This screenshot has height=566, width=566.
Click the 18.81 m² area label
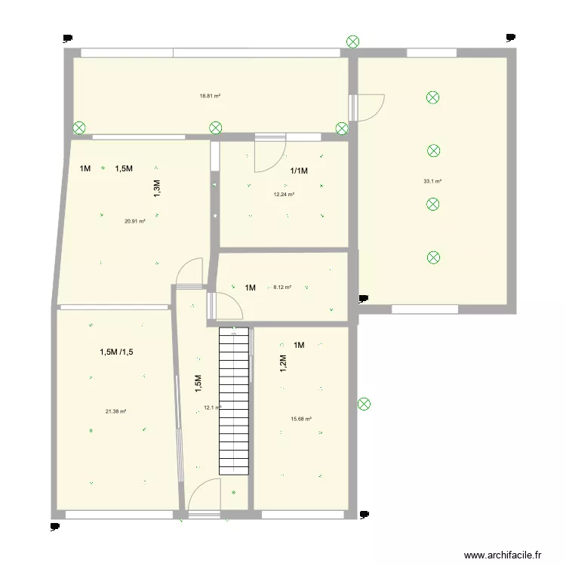tap(210, 96)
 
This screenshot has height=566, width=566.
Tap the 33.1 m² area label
tap(432, 181)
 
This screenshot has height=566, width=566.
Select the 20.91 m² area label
tap(135, 221)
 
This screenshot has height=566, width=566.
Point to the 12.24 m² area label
tap(284, 194)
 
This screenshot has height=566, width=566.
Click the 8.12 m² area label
tap(282, 287)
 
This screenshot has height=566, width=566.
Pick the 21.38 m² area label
tap(115, 411)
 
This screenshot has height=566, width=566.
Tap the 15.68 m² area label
tap(301, 420)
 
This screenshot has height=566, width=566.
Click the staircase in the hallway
tap(234, 400)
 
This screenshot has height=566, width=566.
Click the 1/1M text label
tap(299, 171)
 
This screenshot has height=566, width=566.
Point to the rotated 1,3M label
tap(158, 188)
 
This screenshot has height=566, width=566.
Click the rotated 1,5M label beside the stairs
tap(198, 384)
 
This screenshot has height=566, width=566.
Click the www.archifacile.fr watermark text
tap(503, 555)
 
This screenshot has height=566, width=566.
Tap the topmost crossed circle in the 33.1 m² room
tap(432, 97)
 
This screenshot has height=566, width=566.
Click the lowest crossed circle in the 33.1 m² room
tap(433, 258)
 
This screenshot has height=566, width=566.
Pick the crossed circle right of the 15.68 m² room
tap(364, 405)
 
